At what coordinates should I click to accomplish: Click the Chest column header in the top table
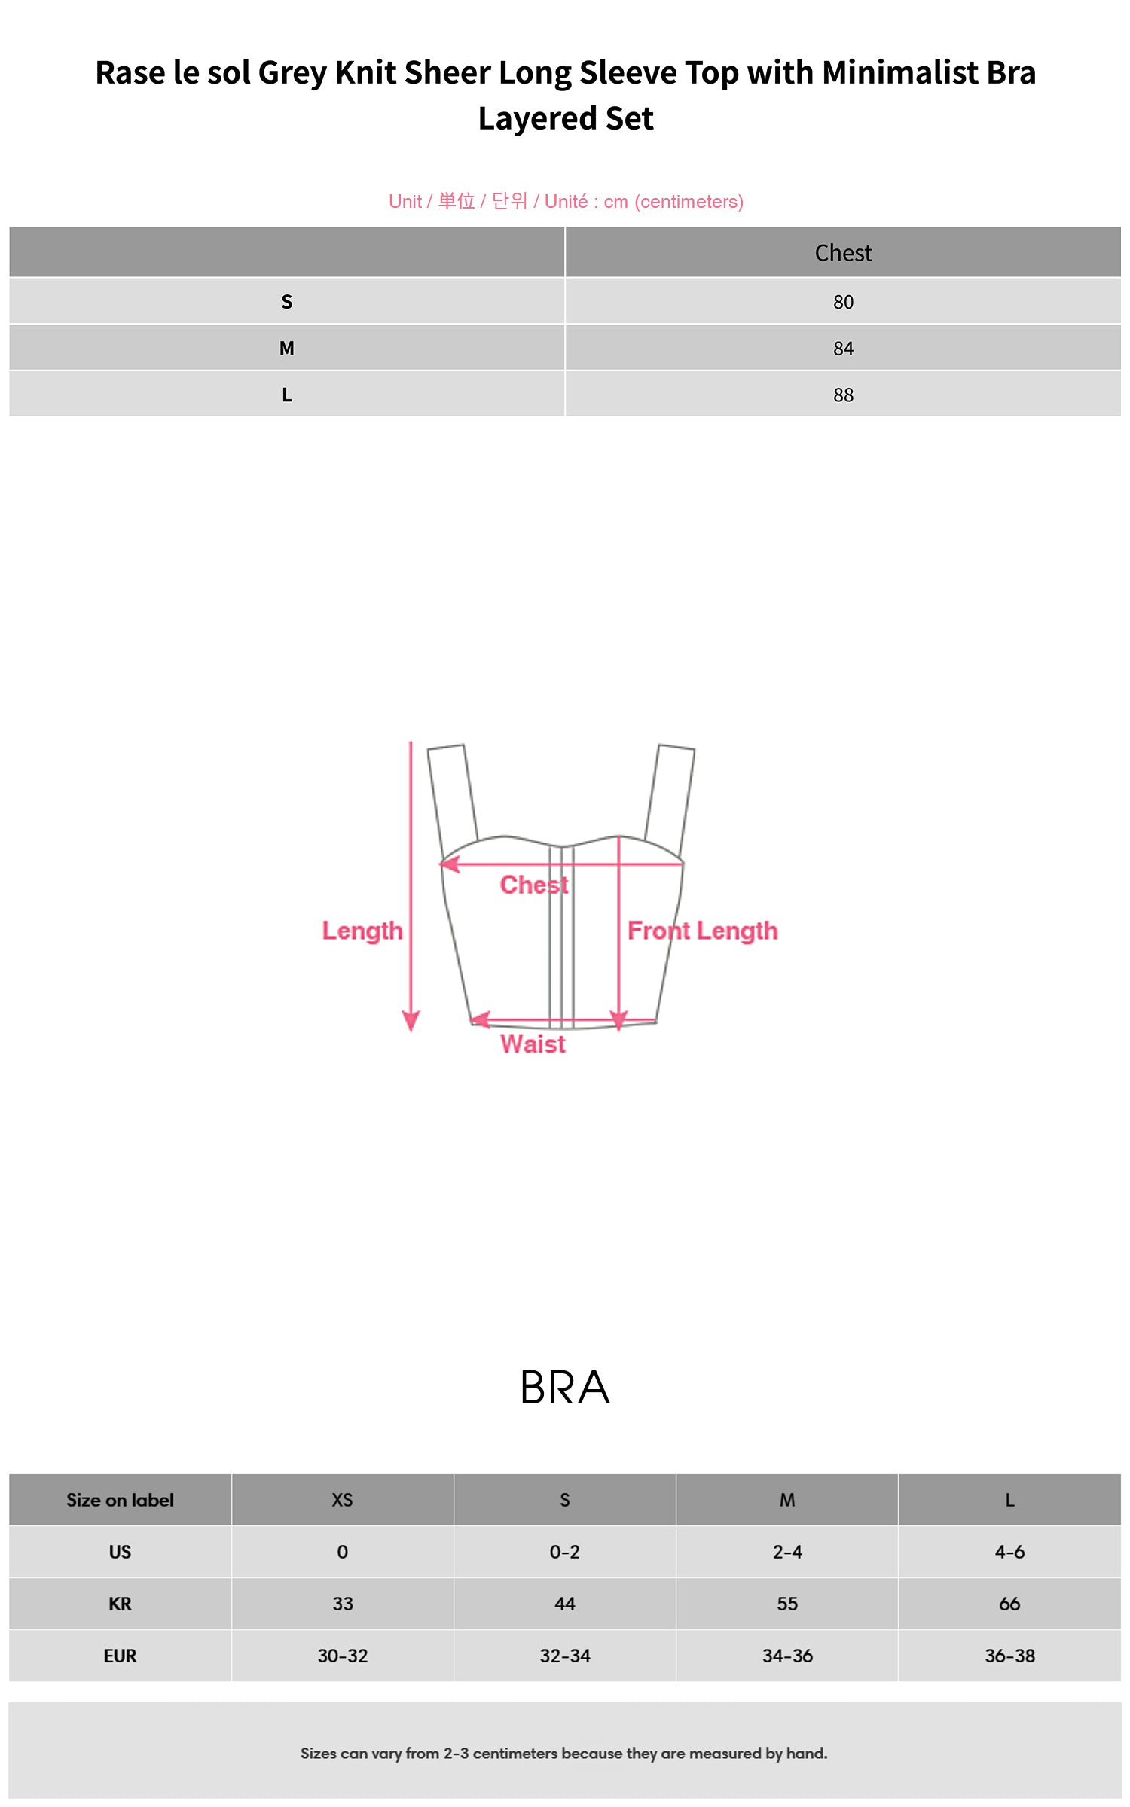click(843, 253)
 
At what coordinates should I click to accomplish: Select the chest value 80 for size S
click(843, 302)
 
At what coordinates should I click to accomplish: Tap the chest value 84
click(843, 349)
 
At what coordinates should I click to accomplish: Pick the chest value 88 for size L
click(843, 395)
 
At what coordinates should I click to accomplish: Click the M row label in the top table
click(286, 349)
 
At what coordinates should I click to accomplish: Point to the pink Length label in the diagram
click(362, 931)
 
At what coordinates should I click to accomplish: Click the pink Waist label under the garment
click(533, 1044)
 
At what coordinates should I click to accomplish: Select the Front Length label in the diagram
click(702, 931)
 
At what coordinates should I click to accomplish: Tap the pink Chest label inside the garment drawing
click(534, 885)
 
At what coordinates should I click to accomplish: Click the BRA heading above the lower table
click(565, 1388)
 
